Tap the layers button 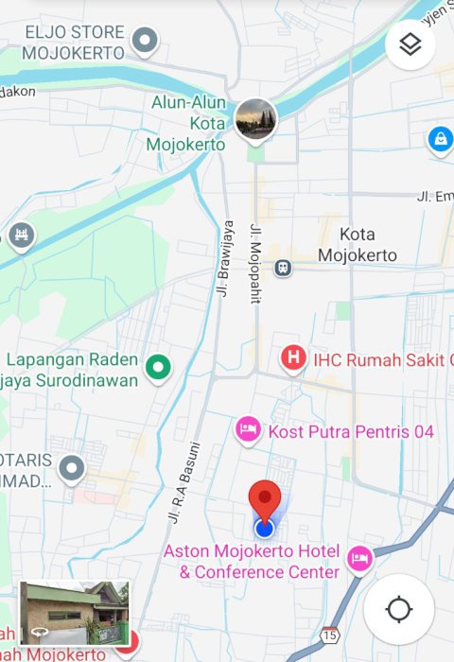410,44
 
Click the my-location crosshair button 398,610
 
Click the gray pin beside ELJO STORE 145,40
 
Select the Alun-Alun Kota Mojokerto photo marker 255,118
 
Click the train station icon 283,269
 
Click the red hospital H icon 294,357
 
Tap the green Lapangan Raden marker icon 158,365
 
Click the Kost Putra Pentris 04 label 351,431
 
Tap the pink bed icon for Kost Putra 248,430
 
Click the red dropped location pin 265,499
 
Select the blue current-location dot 264,528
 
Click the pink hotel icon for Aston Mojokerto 359,560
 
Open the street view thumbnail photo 75,613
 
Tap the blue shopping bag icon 440,139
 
